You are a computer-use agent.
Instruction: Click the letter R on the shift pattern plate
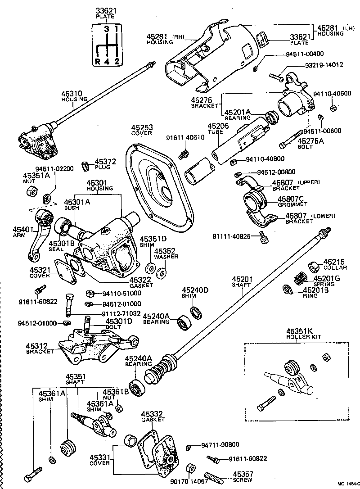97,62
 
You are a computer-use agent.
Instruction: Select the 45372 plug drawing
85,167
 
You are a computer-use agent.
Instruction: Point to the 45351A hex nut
30,190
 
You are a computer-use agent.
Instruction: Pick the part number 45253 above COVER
142,128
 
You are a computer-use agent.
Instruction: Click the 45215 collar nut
313,267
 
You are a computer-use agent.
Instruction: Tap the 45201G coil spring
300,279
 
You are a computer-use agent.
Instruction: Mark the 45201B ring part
288,289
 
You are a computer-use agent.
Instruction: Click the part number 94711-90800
220,445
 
